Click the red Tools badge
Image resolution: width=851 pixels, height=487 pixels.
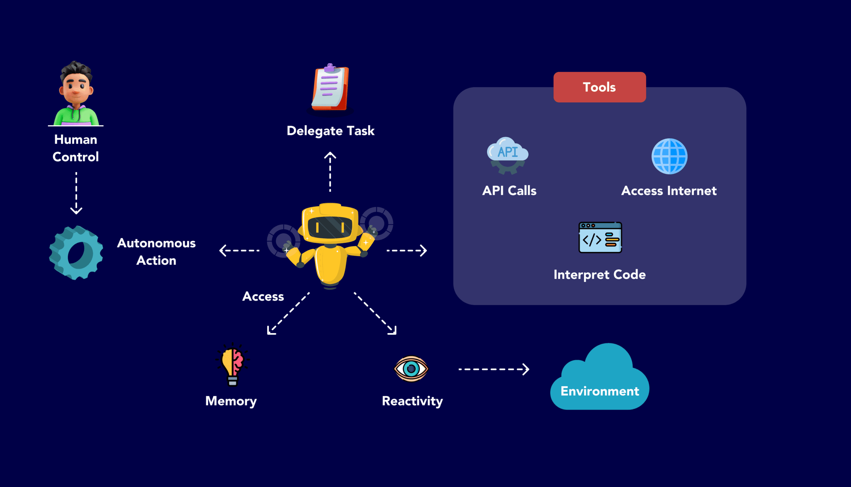tap(599, 87)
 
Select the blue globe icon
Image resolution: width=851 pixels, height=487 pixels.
tap(669, 156)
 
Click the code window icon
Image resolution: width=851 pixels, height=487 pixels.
tap(600, 237)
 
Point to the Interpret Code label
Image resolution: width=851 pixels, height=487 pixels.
tap(599, 275)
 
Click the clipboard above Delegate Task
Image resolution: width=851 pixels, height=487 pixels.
tap(330, 88)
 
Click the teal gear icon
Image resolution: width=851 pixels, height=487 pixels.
tap(76, 253)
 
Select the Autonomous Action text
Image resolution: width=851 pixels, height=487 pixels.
tap(156, 252)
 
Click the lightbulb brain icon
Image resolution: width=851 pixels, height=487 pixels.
tap(232, 365)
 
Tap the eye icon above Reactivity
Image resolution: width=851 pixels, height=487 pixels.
tap(411, 369)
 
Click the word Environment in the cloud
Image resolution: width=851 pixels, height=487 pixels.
tap(600, 391)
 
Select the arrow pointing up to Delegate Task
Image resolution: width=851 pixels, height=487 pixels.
tap(330, 172)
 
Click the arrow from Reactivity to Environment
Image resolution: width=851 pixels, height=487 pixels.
tap(494, 369)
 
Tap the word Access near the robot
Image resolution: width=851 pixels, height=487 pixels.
tap(263, 296)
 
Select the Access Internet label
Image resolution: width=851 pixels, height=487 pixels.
tap(669, 191)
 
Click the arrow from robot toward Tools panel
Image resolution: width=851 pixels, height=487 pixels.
tap(407, 250)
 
